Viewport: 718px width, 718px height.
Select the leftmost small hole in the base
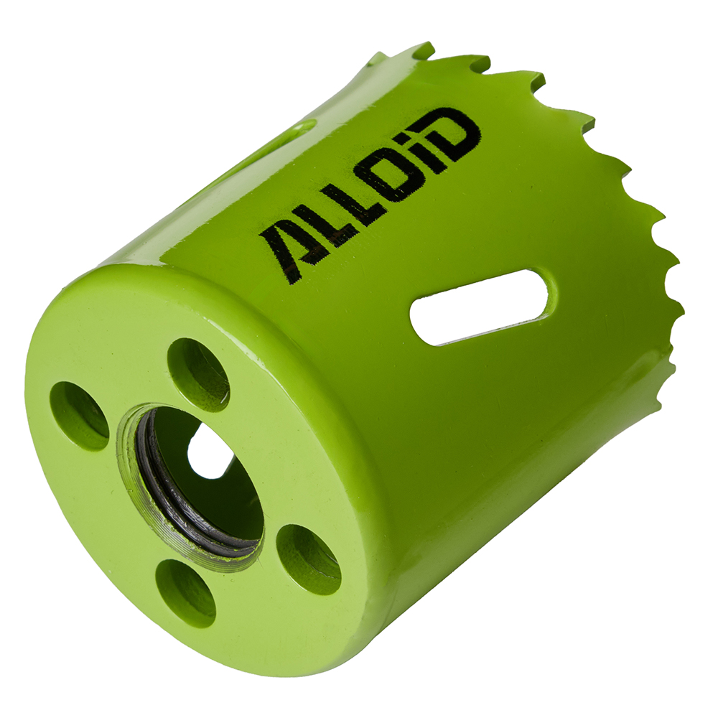78,416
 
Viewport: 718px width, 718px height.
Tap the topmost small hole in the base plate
198,373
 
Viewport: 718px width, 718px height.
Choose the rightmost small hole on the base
308,559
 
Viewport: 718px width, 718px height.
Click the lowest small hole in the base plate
185,592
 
